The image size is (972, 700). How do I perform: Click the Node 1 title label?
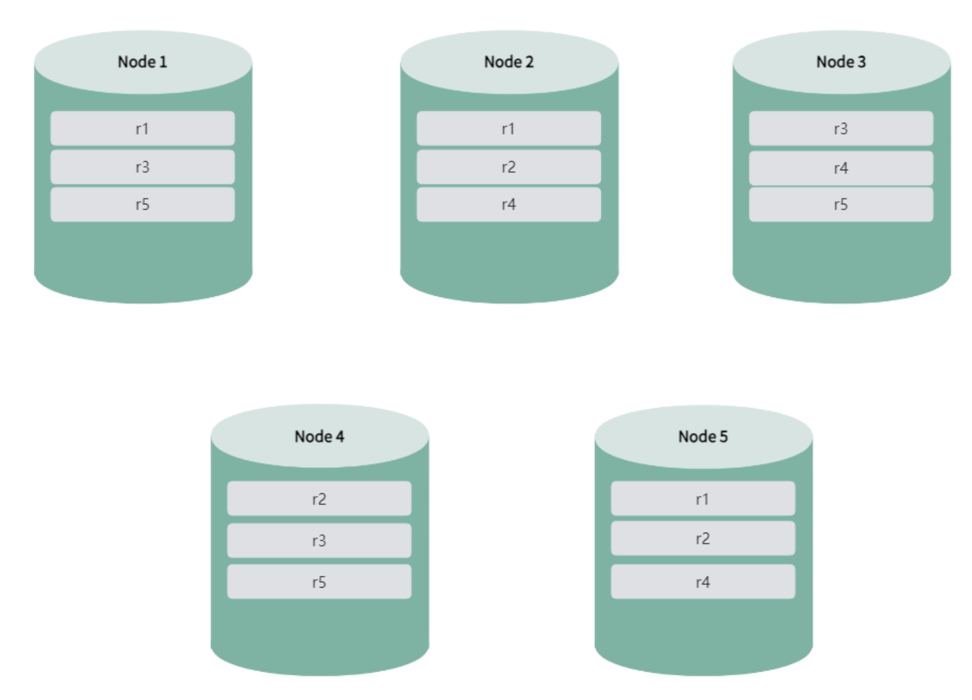click(x=142, y=62)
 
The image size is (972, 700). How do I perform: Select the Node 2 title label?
click(x=509, y=62)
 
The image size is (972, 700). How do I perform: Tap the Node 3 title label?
click(x=841, y=62)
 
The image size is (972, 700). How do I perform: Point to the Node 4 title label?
click(x=319, y=436)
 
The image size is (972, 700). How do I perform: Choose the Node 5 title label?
click(x=703, y=436)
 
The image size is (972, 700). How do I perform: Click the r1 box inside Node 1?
click(x=142, y=128)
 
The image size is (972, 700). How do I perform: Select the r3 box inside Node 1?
click(x=142, y=167)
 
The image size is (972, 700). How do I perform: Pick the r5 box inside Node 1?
click(x=142, y=204)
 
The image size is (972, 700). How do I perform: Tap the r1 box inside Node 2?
click(x=509, y=128)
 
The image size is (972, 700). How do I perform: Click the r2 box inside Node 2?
click(x=509, y=167)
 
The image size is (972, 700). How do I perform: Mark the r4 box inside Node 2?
click(x=509, y=204)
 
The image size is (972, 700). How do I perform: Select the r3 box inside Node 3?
click(x=841, y=128)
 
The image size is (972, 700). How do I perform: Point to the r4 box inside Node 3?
click(x=841, y=168)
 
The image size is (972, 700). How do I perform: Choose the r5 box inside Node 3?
click(x=841, y=204)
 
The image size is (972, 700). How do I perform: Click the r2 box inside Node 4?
click(x=319, y=499)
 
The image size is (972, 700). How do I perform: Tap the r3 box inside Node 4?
click(x=319, y=541)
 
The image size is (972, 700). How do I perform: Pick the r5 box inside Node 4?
click(x=319, y=582)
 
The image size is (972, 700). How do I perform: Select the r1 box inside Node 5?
click(x=703, y=499)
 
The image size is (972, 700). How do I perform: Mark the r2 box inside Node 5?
click(x=703, y=538)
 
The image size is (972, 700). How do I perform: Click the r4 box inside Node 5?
click(x=703, y=582)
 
